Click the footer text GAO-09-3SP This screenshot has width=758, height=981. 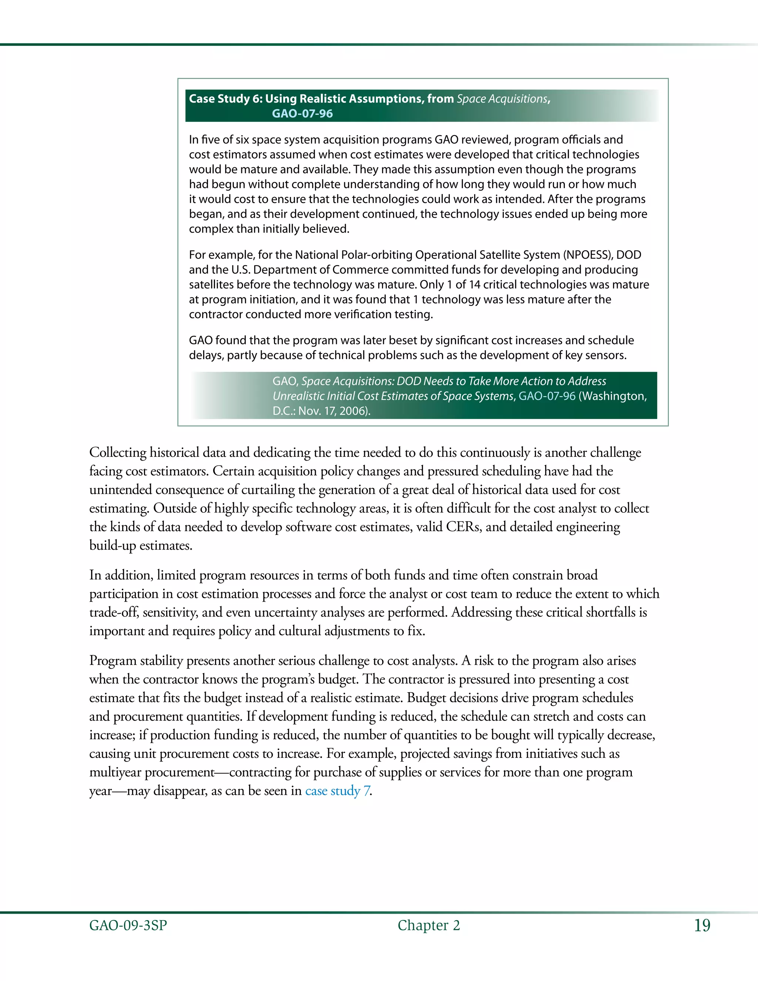click(x=128, y=925)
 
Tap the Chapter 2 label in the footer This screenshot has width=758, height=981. click(x=428, y=925)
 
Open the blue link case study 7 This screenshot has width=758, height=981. click(x=338, y=791)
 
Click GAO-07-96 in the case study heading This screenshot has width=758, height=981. click(x=302, y=114)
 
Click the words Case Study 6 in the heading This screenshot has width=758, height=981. click(x=225, y=99)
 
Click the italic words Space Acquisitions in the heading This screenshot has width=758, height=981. click(x=502, y=99)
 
